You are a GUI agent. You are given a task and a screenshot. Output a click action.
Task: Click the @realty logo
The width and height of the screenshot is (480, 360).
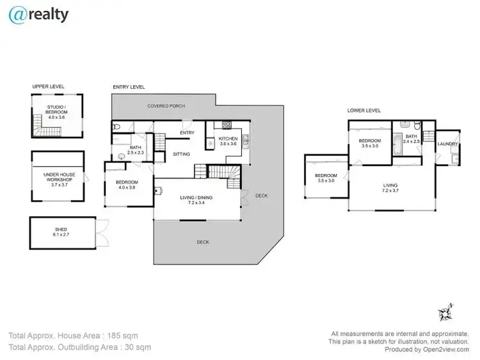point(38,15)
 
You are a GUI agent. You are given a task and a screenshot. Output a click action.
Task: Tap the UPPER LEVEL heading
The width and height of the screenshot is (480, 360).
point(49,86)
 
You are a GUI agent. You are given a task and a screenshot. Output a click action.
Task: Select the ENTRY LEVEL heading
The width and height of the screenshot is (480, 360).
point(128,86)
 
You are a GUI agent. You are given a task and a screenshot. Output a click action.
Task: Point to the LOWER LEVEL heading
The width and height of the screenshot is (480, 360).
point(364,110)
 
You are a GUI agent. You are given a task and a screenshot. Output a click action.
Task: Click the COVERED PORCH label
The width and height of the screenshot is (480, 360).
point(166,106)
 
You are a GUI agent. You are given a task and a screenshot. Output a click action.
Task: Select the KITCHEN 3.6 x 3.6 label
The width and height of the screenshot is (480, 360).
point(228,141)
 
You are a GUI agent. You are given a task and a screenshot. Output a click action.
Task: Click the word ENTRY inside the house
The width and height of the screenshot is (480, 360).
point(187,132)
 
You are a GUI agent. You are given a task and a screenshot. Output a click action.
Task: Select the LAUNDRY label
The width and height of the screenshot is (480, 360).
point(447,144)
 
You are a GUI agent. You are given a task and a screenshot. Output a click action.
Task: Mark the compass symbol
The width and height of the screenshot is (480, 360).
point(445,313)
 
